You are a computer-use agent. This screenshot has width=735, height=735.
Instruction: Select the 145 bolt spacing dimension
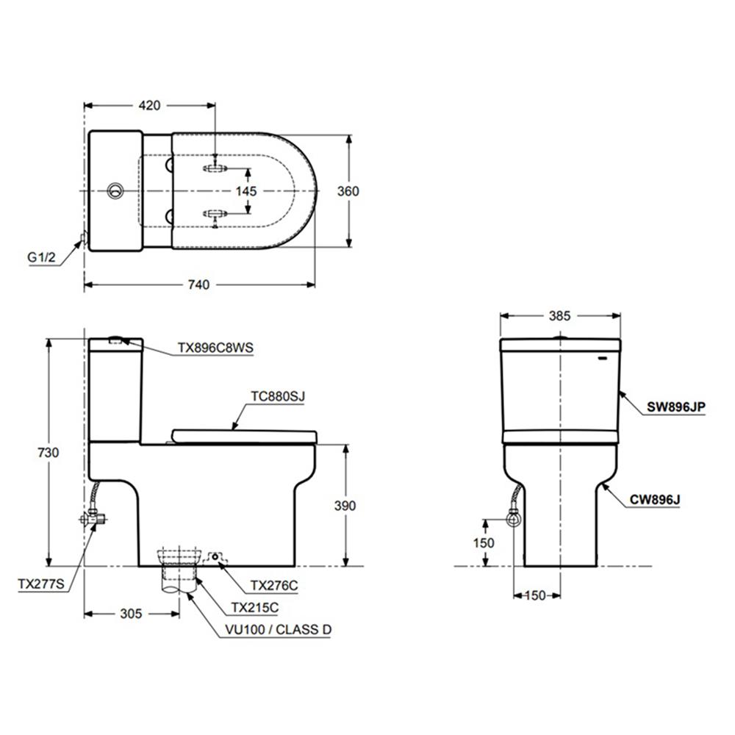[x=247, y=191]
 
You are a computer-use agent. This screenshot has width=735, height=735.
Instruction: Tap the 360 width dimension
[x=348, y=191]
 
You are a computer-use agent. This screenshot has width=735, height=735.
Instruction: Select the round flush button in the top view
[x=114, y=191]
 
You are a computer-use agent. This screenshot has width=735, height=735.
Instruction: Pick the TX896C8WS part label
[x=215, y=348]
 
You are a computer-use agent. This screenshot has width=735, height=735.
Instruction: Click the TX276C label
[x=274, y=586]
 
